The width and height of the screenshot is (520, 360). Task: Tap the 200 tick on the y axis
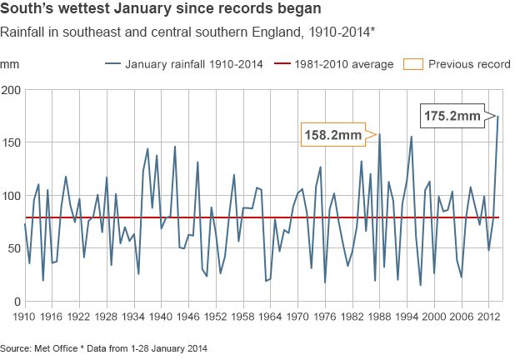(11, 90)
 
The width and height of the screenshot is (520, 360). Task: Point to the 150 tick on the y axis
(11, 143)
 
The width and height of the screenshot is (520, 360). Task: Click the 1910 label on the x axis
(26, 317)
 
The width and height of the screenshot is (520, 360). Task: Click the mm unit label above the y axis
(9, 64)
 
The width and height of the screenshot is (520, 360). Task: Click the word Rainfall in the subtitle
(22, 33)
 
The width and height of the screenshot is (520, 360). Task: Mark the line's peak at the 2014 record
(498, 117)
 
